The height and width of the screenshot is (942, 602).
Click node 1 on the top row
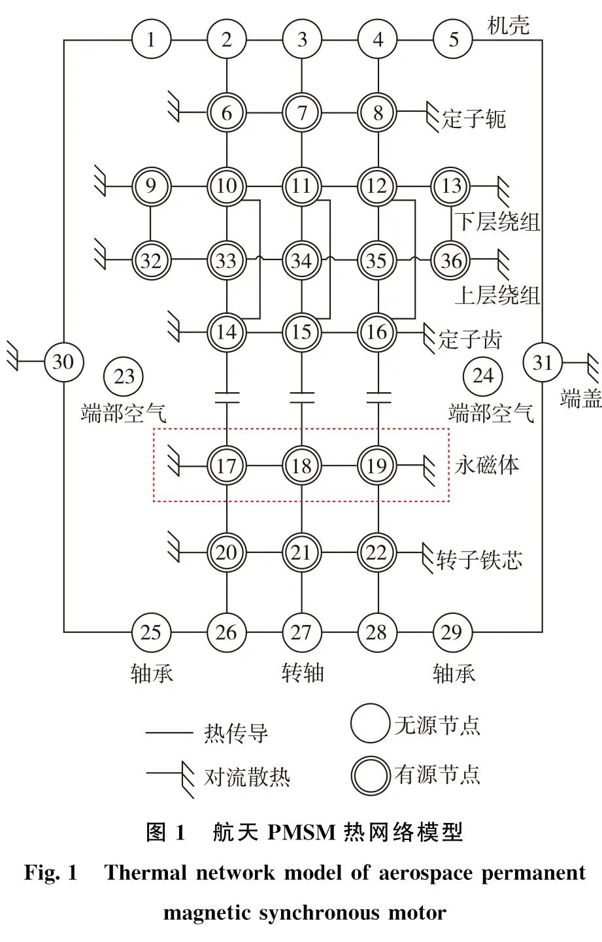(x=151, y=40)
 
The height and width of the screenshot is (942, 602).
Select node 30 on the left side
(x=63, y=361)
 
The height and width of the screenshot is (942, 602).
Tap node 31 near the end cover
(x=543, y=362)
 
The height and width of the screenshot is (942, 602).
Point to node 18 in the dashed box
(x=301, y=466)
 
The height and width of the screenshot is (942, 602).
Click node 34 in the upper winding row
(x=301, y=261)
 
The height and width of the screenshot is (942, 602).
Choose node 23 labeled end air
(x=124, y=376)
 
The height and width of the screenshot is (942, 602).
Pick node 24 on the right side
(x=482, y=376)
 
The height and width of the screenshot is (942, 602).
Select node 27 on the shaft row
(x=301, y=632)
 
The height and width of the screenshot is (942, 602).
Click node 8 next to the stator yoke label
(x=377, y=112)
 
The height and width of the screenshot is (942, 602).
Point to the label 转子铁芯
(x=479, y=560)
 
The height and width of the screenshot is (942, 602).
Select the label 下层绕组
(x=497, y=222)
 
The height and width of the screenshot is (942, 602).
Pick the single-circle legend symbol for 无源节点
(x=370, y=724)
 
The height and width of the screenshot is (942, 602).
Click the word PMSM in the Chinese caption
(x=301, y=832)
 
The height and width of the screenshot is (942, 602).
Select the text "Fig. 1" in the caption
(x=51, y=873)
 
